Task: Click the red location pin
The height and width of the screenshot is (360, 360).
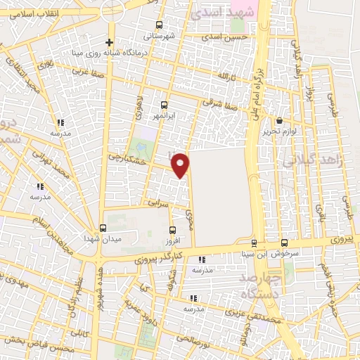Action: pyautogui.click(x=181, y=165)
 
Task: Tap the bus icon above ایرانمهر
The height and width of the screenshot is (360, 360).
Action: pyautogui.click(x=164, y=103)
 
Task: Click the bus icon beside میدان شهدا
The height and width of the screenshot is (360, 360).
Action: pyautogui.click(x=103, y=228)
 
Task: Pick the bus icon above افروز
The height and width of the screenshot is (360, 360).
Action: pyautogui.click(x=173, y=229)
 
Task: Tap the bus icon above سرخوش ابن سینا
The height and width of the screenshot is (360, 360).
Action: pyautogui.click(x=283, y=241)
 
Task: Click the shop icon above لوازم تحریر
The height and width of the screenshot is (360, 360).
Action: pyautogui.click(x=279, y=120)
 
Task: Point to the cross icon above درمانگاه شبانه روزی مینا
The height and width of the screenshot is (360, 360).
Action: pyautogui.click(x=109, y=42)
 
